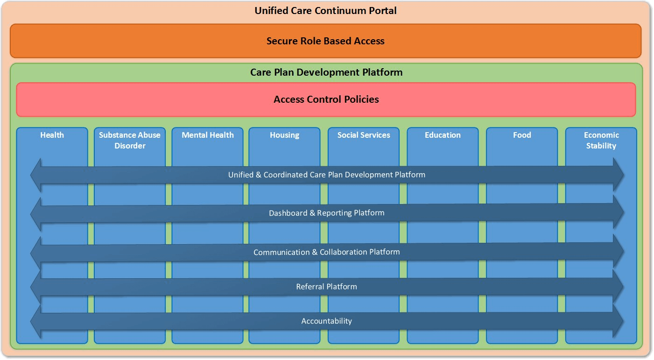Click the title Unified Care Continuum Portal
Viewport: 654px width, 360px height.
coord(325,11)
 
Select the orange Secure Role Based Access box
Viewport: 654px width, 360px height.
coord(325,41)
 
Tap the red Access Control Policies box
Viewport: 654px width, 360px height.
coord(326,99)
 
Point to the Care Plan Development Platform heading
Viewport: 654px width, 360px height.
coord(326,72)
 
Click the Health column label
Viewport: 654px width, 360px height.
coord(52,135)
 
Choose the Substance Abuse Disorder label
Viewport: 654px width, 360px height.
coord(130,140)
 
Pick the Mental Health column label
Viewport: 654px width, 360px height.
coord(208,135)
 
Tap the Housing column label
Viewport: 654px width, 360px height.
coord(284,135)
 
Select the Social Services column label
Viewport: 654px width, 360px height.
coord(364,135)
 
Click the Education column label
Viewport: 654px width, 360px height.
coord(443,135)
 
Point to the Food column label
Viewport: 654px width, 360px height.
coord(522,135)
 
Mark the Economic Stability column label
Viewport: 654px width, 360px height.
coord(601,140)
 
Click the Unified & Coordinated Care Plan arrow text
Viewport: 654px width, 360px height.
coord(326,175)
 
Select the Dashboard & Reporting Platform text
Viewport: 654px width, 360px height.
coord(326,213)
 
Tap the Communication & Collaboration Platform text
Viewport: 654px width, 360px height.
coord(326,252)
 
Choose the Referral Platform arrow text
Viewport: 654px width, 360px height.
coord(326,286)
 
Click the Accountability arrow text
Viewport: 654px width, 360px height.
coord(326,321)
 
